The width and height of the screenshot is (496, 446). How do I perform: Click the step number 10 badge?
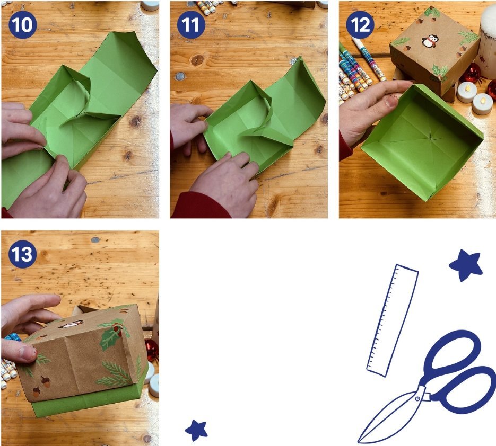22,25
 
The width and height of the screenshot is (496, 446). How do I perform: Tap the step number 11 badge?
191,25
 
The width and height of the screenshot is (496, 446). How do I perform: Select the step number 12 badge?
360,25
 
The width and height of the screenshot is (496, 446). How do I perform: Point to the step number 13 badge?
22,254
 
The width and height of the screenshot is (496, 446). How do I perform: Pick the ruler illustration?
393,320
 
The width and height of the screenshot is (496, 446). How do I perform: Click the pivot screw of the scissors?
418,399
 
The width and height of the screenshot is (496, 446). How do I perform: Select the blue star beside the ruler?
466,265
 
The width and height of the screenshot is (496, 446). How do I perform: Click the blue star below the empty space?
196,430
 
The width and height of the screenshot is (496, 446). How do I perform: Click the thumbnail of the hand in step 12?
391,101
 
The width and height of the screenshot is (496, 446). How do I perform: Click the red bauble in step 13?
152,350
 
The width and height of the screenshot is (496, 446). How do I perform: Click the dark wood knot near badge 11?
197,60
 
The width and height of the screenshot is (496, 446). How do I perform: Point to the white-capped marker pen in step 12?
369,58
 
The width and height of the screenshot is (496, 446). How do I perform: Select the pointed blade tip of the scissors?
359,442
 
